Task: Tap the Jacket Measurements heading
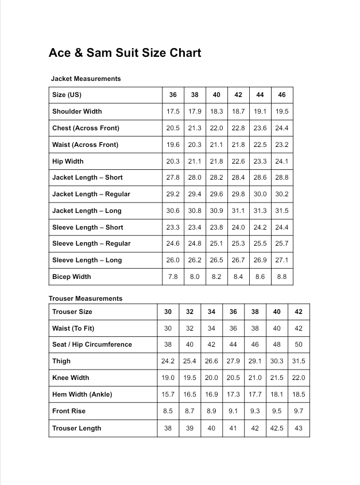pos(86,79)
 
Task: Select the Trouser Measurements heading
pos(86,298)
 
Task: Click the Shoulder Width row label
pos(77,111)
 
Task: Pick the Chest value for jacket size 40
pos(216,128)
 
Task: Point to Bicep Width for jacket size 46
pos(282,277)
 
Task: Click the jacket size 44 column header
pos(260,95)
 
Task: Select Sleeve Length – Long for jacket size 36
pos(173,260)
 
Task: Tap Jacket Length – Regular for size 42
pos(238,194)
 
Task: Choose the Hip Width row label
pos(68,161)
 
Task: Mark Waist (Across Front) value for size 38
pos(195,145)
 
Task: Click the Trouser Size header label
pos(72,312)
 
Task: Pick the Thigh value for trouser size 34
pos(211,362)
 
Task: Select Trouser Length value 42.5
pos(277,428)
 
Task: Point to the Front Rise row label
pos(69,412)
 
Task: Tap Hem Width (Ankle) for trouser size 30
pos(168,395)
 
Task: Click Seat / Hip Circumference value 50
pos(299,345)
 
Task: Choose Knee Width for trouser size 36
pos(233,378)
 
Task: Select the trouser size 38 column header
pos(255,312)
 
